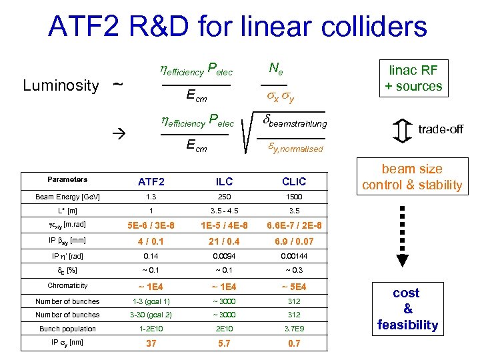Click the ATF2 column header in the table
click(x=151, y=181)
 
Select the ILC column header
click(x=225, y=181)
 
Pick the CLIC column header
click(x=293, y=181)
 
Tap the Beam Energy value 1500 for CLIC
click(x=293, y=197)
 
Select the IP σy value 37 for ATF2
click(x=151, y=343)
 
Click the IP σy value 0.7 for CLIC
click(x=293, y=343)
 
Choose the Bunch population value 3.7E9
click(x=293, y=328)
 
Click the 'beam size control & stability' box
click(x=411, y=177)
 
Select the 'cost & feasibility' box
click(x=407, y=309)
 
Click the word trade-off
click(x=441, y=129)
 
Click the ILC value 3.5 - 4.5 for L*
click(x=225, y=211)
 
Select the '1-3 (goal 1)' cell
click(x=151, y=301)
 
